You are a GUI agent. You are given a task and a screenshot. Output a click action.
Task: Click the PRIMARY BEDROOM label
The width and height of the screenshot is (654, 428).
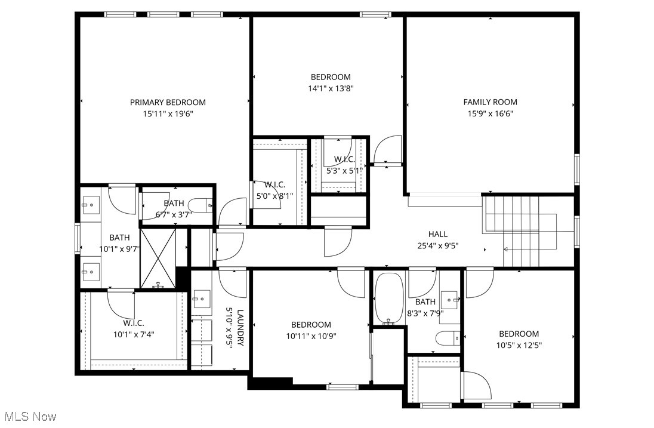pos(168,102)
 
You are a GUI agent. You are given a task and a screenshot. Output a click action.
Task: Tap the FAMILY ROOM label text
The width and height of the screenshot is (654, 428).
pos(490,102)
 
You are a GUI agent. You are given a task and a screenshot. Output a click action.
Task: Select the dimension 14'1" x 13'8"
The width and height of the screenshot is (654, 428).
pos(331,88)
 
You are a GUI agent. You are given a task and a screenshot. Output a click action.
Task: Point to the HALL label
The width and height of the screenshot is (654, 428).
pos(437,234)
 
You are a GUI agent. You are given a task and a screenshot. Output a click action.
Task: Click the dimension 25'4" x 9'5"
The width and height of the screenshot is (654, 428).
pos(437,245)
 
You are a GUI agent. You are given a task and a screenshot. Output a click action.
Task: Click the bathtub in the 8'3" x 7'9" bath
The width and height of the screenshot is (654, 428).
pos(389,298)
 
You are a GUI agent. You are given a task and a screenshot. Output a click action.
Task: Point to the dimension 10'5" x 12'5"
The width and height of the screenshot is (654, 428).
pos(519,345)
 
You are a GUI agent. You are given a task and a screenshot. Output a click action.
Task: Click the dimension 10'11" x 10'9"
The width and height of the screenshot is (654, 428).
pos(311,335)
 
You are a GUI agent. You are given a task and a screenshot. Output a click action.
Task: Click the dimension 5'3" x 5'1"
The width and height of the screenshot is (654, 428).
pos(344,170)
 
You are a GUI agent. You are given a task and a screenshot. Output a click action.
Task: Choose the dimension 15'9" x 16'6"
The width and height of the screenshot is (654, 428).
pos(490,113)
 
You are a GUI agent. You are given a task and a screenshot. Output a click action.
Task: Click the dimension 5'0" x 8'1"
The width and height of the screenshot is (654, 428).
pos(274,195)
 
